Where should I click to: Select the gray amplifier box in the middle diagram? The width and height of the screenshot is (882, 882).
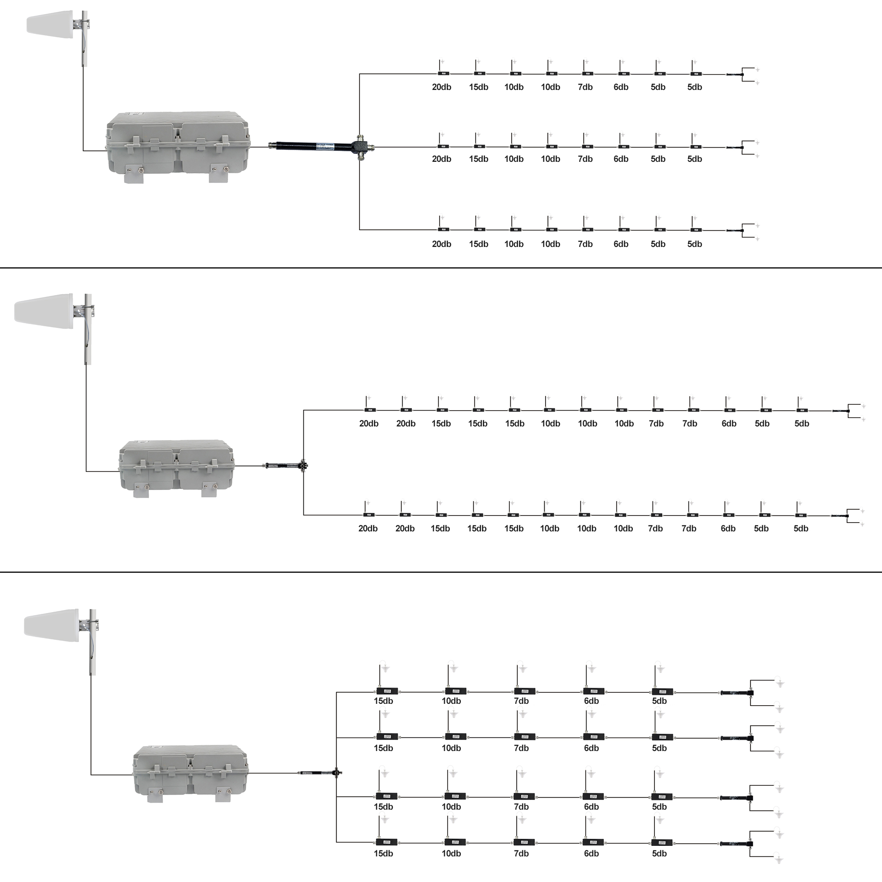click(x=177, y=468)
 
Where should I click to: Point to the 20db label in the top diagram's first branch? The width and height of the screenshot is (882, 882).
click(x=441, y=87)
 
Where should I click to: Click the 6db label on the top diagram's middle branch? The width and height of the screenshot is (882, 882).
click(x=621, y=159)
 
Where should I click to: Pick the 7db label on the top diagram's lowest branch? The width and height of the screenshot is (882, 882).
click(x=585, y=244)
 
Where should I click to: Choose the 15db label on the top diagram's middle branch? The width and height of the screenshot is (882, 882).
click(x=478, y=159)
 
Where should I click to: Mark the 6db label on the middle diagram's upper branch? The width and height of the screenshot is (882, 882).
click(x=729, y=424)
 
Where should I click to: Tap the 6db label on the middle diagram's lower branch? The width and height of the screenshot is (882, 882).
click(x=728, y=529)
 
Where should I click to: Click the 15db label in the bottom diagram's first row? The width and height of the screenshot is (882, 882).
click(x=384, y=701)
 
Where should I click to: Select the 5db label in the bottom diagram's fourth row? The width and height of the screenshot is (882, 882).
click(x=659, y=853)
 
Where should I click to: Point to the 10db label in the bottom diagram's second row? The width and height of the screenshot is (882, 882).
click(x=451, y=748)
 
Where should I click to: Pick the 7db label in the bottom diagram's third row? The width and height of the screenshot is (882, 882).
click(x=521, y=807)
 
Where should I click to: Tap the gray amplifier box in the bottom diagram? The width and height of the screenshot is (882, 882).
click(x=191, y=774)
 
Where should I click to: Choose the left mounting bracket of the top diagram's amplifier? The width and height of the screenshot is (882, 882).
click(x=134, y=173)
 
